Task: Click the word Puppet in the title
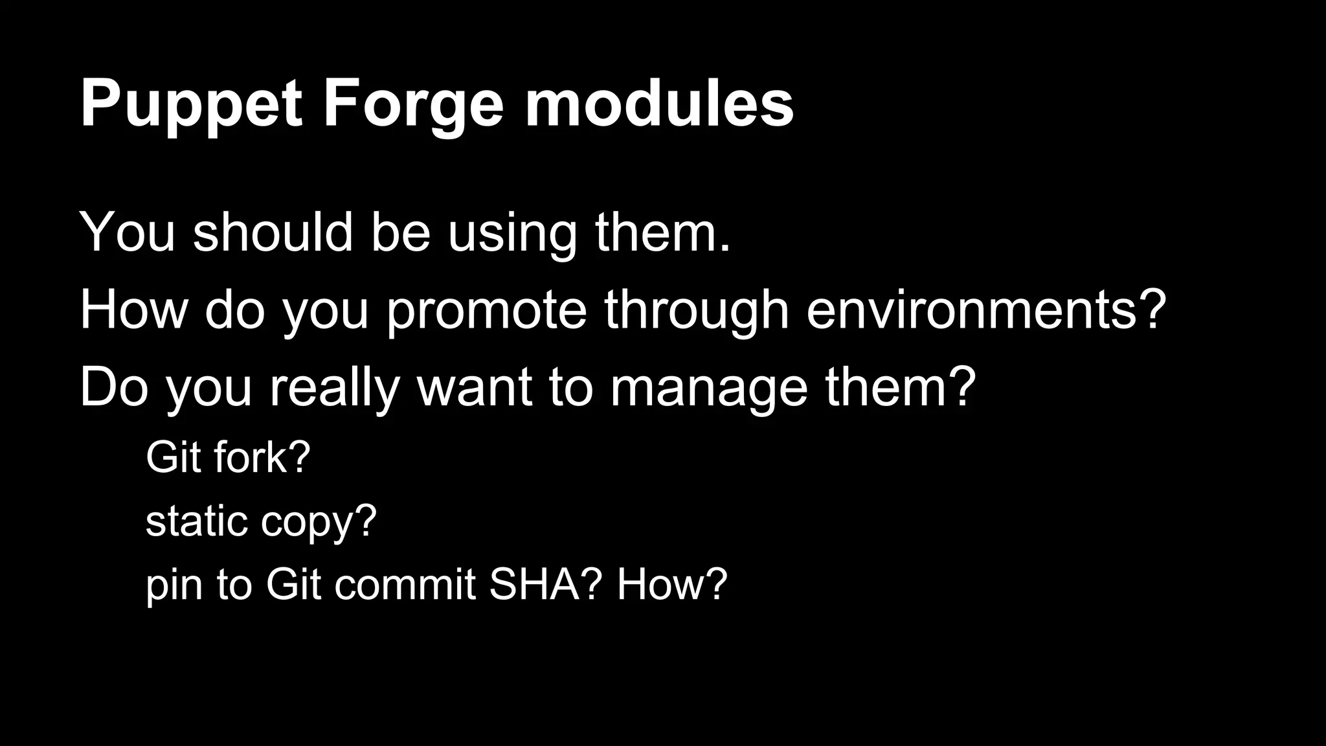coord(191,105)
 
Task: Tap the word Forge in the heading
coord(413,105)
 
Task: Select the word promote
coord(486,311)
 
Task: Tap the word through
coord(696,311)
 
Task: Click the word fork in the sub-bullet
coord(249,457)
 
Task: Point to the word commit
coord(405,584)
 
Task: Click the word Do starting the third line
coord(114,387)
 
